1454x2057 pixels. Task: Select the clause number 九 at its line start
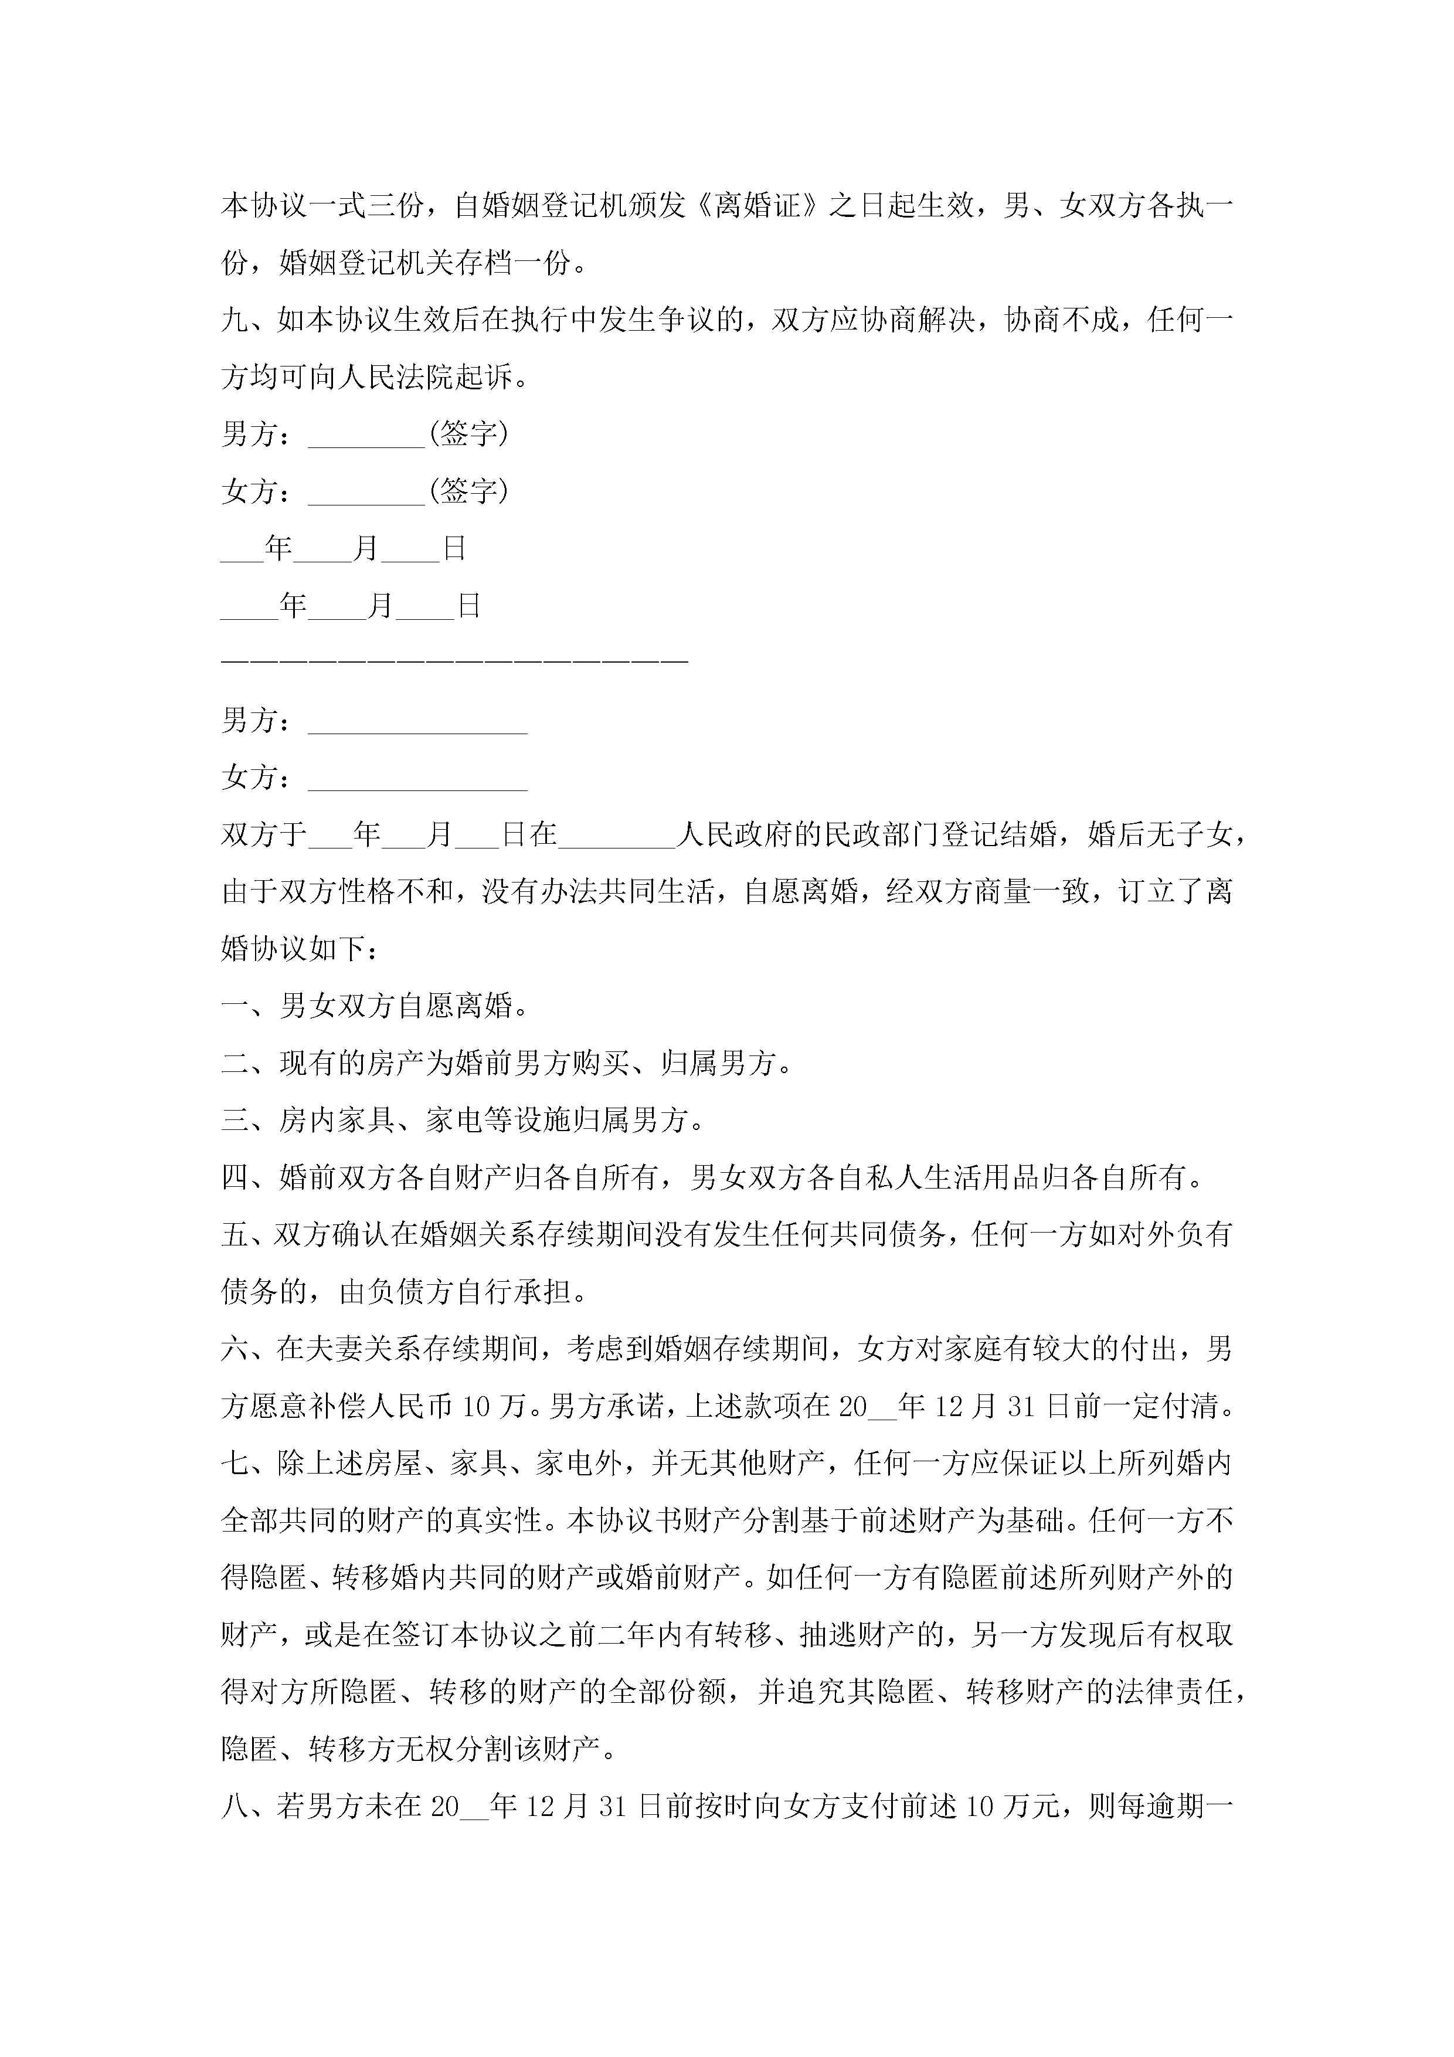(235, 320)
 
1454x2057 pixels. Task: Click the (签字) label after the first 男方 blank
(468, 435)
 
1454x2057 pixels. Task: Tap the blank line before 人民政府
(616, 835)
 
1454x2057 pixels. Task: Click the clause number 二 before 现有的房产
(235, 1064)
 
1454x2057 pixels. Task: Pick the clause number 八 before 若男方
(235, 1806)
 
